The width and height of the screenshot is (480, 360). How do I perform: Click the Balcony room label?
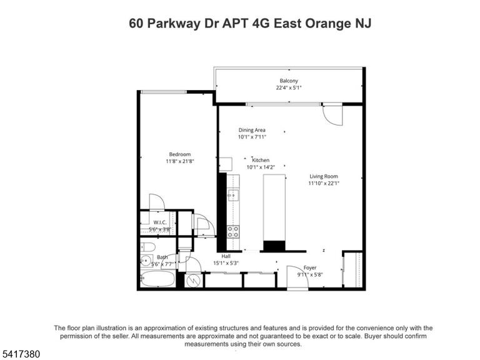tap(289, 81)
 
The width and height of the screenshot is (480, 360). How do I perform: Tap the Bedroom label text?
tap(180, 154)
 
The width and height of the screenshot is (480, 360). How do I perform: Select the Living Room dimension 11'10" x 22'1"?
tap(324, 183)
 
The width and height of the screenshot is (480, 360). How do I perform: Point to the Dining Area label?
tap(252, 130)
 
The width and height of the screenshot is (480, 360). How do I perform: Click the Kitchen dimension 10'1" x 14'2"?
tap(261, 167)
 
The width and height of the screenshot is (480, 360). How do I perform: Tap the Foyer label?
tap(310, 268)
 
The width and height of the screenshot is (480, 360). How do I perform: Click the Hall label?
tap(226, 256)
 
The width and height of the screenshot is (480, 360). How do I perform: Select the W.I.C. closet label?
tap(160, 222)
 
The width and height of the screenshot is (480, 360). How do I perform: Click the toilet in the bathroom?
tap(148, 247)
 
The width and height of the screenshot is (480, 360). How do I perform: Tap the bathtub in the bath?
tap(158, 279)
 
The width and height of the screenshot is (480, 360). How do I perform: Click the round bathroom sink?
tap(147, 261)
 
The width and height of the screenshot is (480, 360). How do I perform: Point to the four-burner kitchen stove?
tap(233, 231)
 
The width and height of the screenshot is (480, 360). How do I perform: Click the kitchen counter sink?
tap(232, 195)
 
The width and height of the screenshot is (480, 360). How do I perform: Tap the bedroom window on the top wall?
tap(164, 92)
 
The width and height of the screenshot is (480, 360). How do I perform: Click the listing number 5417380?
tap(20, 354)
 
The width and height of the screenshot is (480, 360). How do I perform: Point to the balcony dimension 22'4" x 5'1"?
tap(289, 88)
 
